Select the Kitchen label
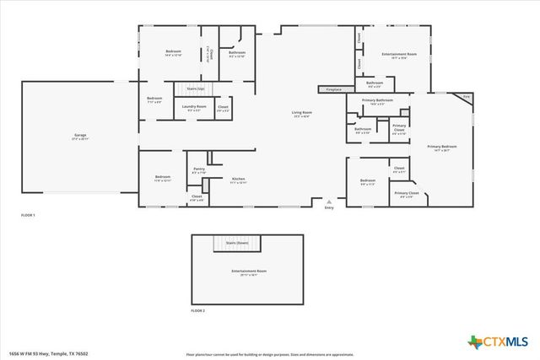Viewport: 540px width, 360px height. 239,180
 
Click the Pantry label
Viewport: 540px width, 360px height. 199,170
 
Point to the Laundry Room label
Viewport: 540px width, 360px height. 193,107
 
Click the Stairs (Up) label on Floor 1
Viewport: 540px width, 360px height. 196,88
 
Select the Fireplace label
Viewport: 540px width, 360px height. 330,88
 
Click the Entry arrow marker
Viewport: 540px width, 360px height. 329,202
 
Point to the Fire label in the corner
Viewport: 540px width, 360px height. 466,96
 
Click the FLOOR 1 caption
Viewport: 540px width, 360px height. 29,216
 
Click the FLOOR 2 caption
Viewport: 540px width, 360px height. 197,311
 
